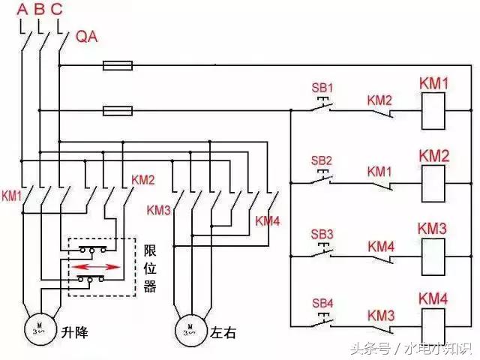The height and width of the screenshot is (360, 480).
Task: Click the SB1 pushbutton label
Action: (321, 88)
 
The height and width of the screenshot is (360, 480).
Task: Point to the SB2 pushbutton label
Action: (321, 160)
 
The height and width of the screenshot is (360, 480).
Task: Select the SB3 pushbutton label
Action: (321, 232)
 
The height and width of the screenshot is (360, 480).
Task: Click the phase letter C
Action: (58, 10)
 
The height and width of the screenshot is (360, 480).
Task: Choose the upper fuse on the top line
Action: (118, 66)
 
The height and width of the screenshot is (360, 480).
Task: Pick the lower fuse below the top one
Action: (118, 112)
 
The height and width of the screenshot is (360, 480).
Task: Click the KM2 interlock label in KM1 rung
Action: (380, 100)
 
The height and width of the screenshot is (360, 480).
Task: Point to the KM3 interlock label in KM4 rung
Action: (380, 313)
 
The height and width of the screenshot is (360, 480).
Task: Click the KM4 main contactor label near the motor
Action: (268, 220)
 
